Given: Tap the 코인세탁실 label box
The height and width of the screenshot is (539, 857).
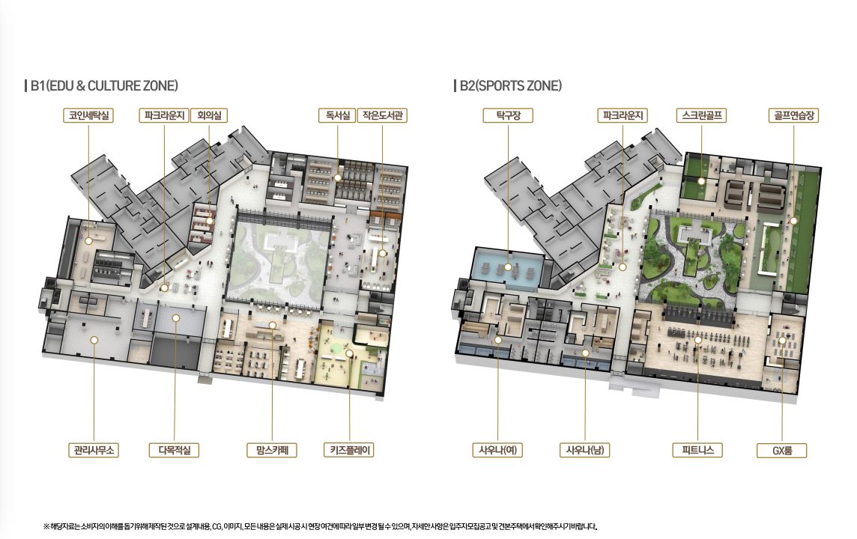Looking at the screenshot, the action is (88, 115).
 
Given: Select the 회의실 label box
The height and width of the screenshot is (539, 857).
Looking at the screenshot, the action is (209, 115).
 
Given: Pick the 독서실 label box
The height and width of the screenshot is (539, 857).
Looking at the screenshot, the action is (337, 115).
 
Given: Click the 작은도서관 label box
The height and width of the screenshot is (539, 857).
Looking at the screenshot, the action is (382, 115).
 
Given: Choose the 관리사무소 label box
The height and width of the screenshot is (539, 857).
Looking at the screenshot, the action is (94, 450).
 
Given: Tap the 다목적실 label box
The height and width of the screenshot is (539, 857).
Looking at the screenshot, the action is (175, 450).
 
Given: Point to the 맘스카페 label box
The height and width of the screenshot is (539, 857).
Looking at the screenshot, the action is (272, 450).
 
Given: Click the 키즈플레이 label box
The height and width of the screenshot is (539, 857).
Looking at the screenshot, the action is (349, 450).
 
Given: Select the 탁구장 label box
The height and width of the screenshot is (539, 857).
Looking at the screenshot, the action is (509, 115).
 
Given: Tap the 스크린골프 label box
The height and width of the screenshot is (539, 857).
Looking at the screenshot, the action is (702, 115).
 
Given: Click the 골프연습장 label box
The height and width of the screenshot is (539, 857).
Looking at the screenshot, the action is (793, 115).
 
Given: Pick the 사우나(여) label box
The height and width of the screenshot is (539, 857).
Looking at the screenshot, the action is (498, 450).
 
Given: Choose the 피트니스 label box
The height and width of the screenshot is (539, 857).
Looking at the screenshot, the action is (698, 450).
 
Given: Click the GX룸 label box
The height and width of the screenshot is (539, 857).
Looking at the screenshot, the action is (782, 451).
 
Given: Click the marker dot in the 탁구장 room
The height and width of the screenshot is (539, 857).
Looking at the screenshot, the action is (509, 267).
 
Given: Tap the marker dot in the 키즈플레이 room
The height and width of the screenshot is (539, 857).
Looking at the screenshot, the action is (349, 353).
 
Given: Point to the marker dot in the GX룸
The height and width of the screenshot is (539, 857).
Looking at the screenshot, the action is (782, 340).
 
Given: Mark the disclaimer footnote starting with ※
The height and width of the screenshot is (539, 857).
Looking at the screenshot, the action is (321, 526).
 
